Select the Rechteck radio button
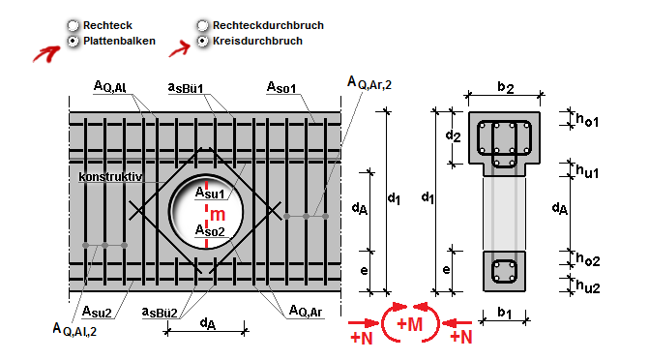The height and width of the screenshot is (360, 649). (73, 26)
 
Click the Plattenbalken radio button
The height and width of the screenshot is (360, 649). (73, 41)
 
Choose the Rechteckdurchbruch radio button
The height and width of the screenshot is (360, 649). (202, 26)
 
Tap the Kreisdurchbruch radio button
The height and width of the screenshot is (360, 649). (202, 41)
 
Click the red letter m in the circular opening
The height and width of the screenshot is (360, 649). (218, 215)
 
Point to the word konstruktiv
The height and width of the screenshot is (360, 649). (110, 177)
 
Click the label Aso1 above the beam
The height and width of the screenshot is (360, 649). (281, 87)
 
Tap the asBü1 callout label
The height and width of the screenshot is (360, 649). (186, 88)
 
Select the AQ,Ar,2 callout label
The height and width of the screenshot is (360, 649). (369, 82)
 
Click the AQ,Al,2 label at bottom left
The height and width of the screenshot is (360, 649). (74, 329)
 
